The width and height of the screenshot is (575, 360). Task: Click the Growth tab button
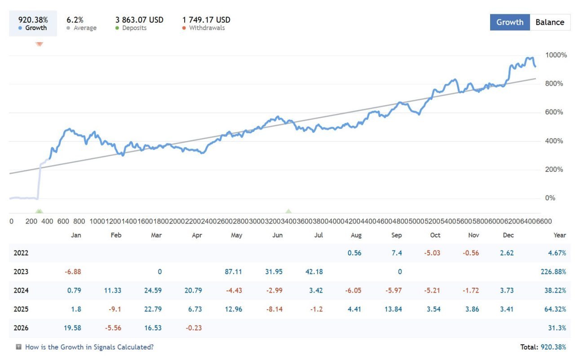click(x=510, y=22)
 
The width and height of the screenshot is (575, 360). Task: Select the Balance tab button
click(x=550, y=22)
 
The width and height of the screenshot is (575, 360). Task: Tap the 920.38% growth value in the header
click(x=33, y=20)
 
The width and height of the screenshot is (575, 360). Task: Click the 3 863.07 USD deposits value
click(x=139, y=20)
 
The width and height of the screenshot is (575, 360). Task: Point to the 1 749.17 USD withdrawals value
click(x=206, y=20)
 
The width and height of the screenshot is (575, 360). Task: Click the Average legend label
click(x=85, y=28)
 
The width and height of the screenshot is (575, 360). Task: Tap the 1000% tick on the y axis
click(x=556, y=55)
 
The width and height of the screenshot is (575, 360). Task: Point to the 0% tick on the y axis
click(x=550, y=198)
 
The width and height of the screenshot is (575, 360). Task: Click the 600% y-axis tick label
click(x=554, y=112)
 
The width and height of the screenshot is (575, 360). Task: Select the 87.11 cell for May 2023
click(x=233, y=272)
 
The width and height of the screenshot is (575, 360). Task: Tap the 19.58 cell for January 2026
click(x=72, y=328)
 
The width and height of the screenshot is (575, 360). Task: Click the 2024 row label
click(x=21, y=290)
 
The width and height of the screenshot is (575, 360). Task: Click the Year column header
click(x=560, y=235)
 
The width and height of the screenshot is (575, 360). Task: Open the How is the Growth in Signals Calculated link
click(x=89, y=347)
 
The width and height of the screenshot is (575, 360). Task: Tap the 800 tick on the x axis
click(x=79, y=221)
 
